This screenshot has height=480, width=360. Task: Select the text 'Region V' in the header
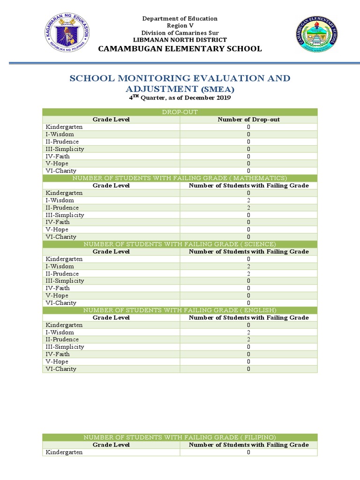click(180, 26)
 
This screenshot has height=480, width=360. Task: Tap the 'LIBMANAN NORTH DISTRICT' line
click(180, 40)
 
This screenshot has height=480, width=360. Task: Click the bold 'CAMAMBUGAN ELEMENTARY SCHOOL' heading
click(180, 49)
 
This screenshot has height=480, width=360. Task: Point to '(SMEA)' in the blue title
click(217, 89)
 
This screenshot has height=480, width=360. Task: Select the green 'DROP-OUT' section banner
click(180, 112)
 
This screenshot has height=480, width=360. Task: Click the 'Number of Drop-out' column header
click(248, 120)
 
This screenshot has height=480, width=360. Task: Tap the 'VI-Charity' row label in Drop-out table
click(60, 171)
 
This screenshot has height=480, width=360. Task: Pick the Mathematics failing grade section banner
click(180, 178)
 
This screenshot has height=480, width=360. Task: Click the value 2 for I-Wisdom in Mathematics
click(248, 200)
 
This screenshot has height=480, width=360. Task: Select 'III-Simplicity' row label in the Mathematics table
click(65, 215)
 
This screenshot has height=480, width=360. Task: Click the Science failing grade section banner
click(180, 244)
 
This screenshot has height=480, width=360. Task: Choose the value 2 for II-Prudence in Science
click(248, 274)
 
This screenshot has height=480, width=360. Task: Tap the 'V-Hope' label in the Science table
click(57, 295)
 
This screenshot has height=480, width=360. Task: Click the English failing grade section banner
click(180, 310)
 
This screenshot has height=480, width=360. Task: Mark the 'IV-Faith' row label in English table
click(58, 354)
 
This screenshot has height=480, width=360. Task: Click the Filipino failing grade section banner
click(180, 437)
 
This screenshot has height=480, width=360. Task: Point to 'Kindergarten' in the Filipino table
click(64, 452)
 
